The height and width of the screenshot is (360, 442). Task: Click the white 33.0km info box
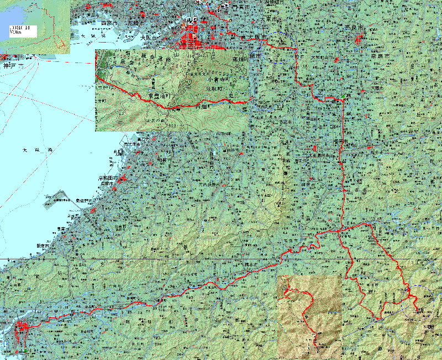point(22,31)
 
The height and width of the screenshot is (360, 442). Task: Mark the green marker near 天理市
point(343,97)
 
